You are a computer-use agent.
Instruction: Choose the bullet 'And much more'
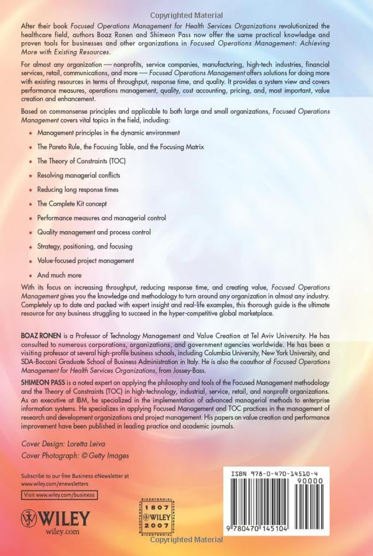click(59, 275)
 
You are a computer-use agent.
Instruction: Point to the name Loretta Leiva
click(89, 446)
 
